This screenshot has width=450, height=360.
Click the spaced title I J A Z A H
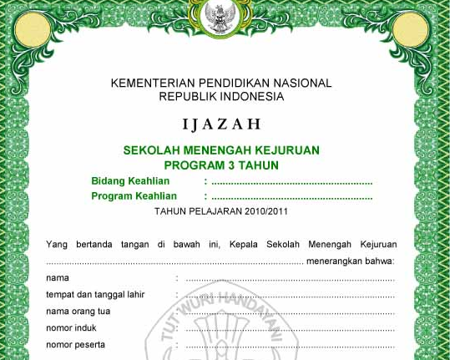[221, 125]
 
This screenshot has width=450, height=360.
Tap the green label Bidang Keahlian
[130, 181]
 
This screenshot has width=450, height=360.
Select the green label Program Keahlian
[134, 196]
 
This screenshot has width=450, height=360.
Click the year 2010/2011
[261, 211]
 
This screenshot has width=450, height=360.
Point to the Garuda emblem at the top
[222, 17]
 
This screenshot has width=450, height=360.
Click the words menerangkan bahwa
[351, 261]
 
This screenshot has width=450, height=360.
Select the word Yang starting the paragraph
[56, 245]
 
